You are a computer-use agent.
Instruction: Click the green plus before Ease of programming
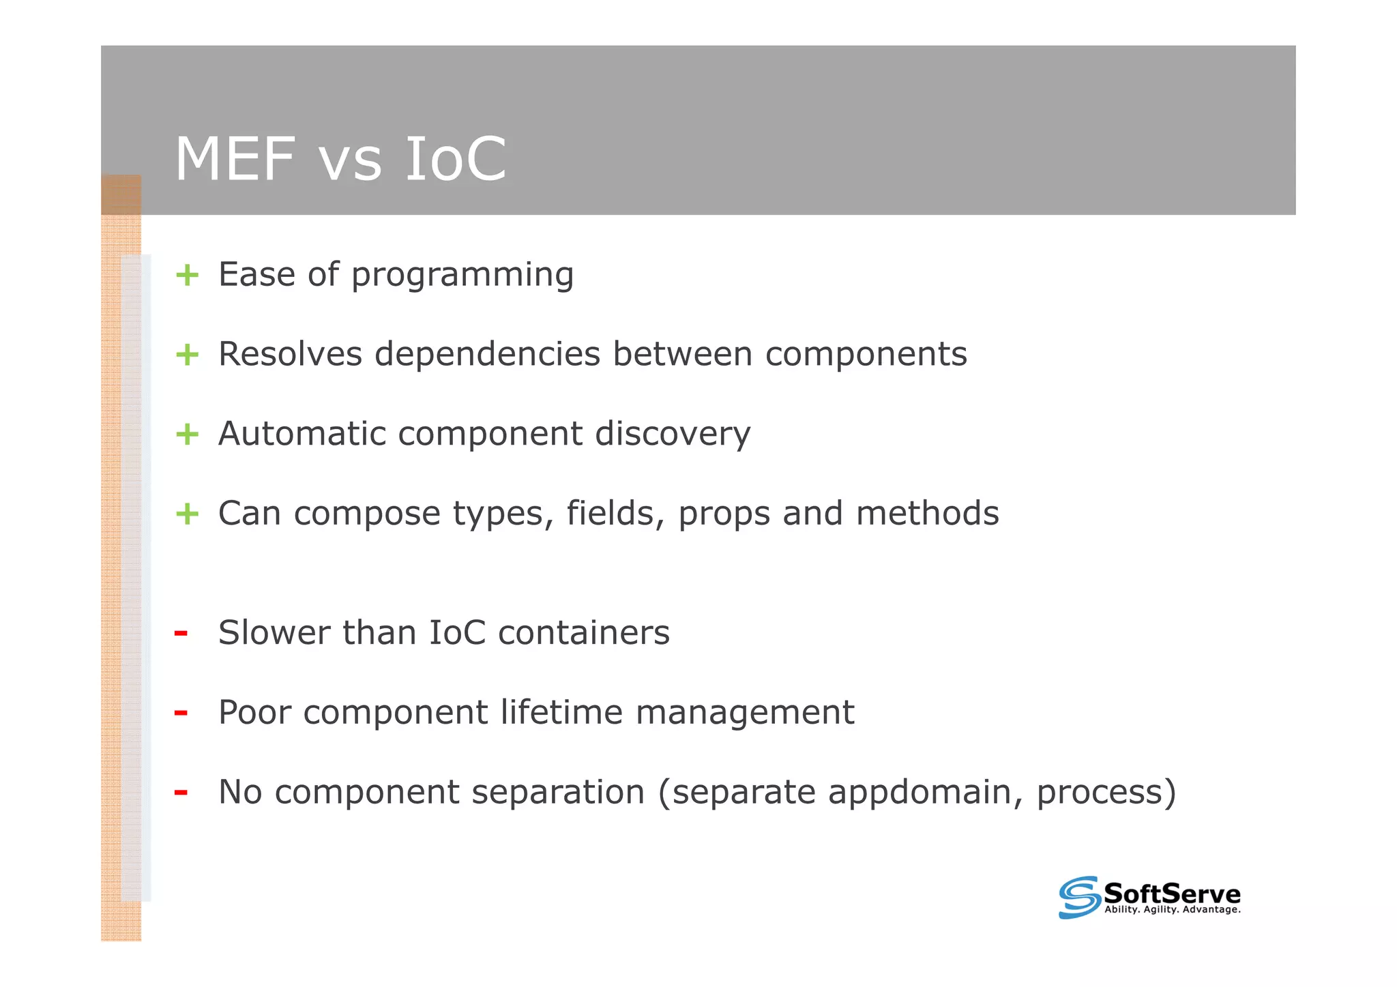(x=187, y=276)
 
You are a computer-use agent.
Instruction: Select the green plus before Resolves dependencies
(x=187, y=355)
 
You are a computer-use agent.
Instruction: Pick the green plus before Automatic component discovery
(x=187, y=434)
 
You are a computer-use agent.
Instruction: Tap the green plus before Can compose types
(x=187, y=514)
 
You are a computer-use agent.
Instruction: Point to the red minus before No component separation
(x=181, y=793)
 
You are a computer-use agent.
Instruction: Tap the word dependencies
(x=487, y=355)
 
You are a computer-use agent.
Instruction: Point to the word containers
(x=584, y=633)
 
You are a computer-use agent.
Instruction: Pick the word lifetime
(x=561, y=712)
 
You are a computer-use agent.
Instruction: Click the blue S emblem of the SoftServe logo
(x=1079, y=897)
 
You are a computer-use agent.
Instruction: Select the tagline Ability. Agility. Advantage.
(x=1172, y=910)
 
